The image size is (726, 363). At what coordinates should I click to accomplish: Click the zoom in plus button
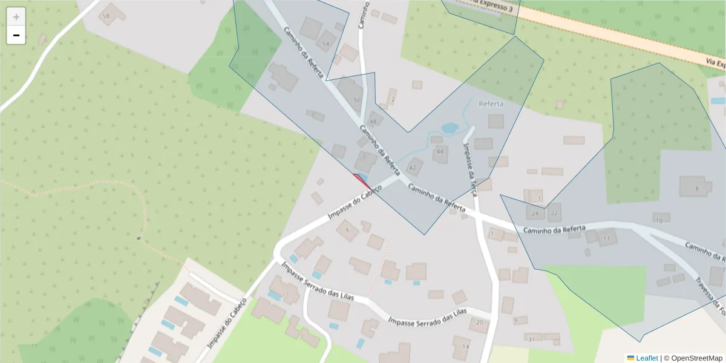point(16,17)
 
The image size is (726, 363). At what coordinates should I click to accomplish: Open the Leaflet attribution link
point(646,358)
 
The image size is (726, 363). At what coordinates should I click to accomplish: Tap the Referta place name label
point(491,103)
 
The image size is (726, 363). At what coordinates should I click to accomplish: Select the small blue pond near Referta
point(450,128)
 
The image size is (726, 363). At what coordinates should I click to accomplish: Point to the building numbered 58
point(108,15)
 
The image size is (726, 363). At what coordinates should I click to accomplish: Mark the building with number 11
point(606,238)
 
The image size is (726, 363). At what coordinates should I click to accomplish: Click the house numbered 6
point(347,230)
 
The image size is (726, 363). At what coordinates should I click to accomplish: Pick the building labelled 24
point(535,214)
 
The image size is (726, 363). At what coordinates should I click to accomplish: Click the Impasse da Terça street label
point(470,169)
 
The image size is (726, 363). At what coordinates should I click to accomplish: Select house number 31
point(532,338)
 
